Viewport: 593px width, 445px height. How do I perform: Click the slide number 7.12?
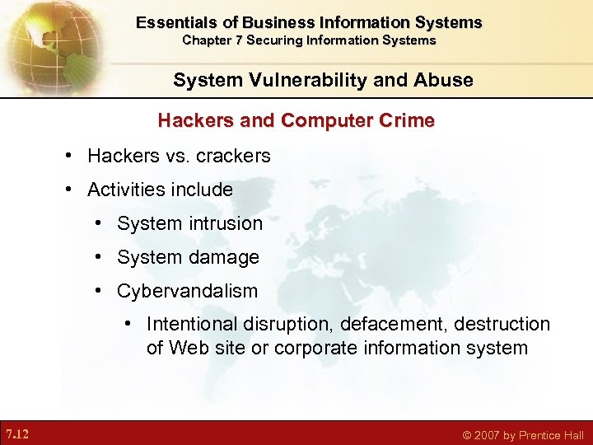pos(17,433)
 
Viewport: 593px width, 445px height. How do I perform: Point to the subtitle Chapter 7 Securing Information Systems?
pos(309,40)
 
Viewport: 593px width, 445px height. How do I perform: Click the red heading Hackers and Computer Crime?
pos(296,120)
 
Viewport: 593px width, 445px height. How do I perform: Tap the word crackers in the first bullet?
pos(233,156)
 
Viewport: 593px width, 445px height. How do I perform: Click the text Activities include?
pos(160,190)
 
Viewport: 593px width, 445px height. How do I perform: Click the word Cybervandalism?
pos(187,291)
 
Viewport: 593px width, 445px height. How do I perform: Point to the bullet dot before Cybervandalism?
pos(98,291)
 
